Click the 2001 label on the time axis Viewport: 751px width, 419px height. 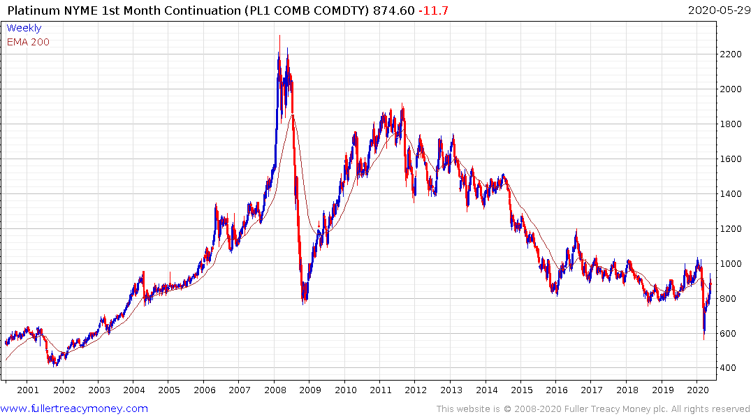click(28, 390)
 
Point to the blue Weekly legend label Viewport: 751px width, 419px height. click(24, 28)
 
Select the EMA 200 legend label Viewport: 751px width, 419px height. click(28, 42)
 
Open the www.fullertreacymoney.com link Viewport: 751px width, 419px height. click(75, 409)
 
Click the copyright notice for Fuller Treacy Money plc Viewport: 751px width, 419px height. click(593, 409)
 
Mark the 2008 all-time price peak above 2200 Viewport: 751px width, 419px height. click(279, 36)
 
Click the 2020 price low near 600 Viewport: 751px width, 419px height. click(704, 338)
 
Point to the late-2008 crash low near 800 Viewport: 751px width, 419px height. click(304, 302)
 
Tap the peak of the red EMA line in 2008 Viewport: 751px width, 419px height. click(293, 115)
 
